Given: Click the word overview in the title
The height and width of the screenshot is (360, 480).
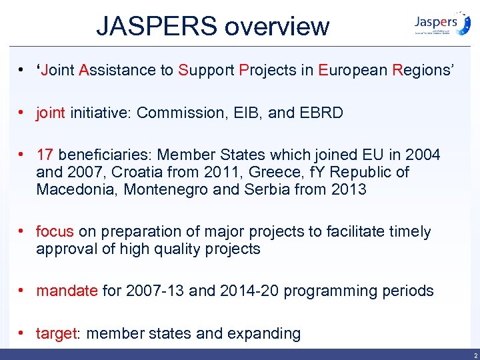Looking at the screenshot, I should coord(277,27).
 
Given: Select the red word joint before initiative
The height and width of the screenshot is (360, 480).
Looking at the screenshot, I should coord(51,113).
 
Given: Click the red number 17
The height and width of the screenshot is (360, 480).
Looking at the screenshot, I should coord(45,155).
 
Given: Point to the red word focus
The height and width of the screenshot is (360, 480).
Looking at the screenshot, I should coord(55,232).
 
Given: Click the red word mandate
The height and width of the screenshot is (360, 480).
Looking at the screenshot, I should coord(67,291).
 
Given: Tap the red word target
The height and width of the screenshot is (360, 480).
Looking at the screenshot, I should coord(57,333).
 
